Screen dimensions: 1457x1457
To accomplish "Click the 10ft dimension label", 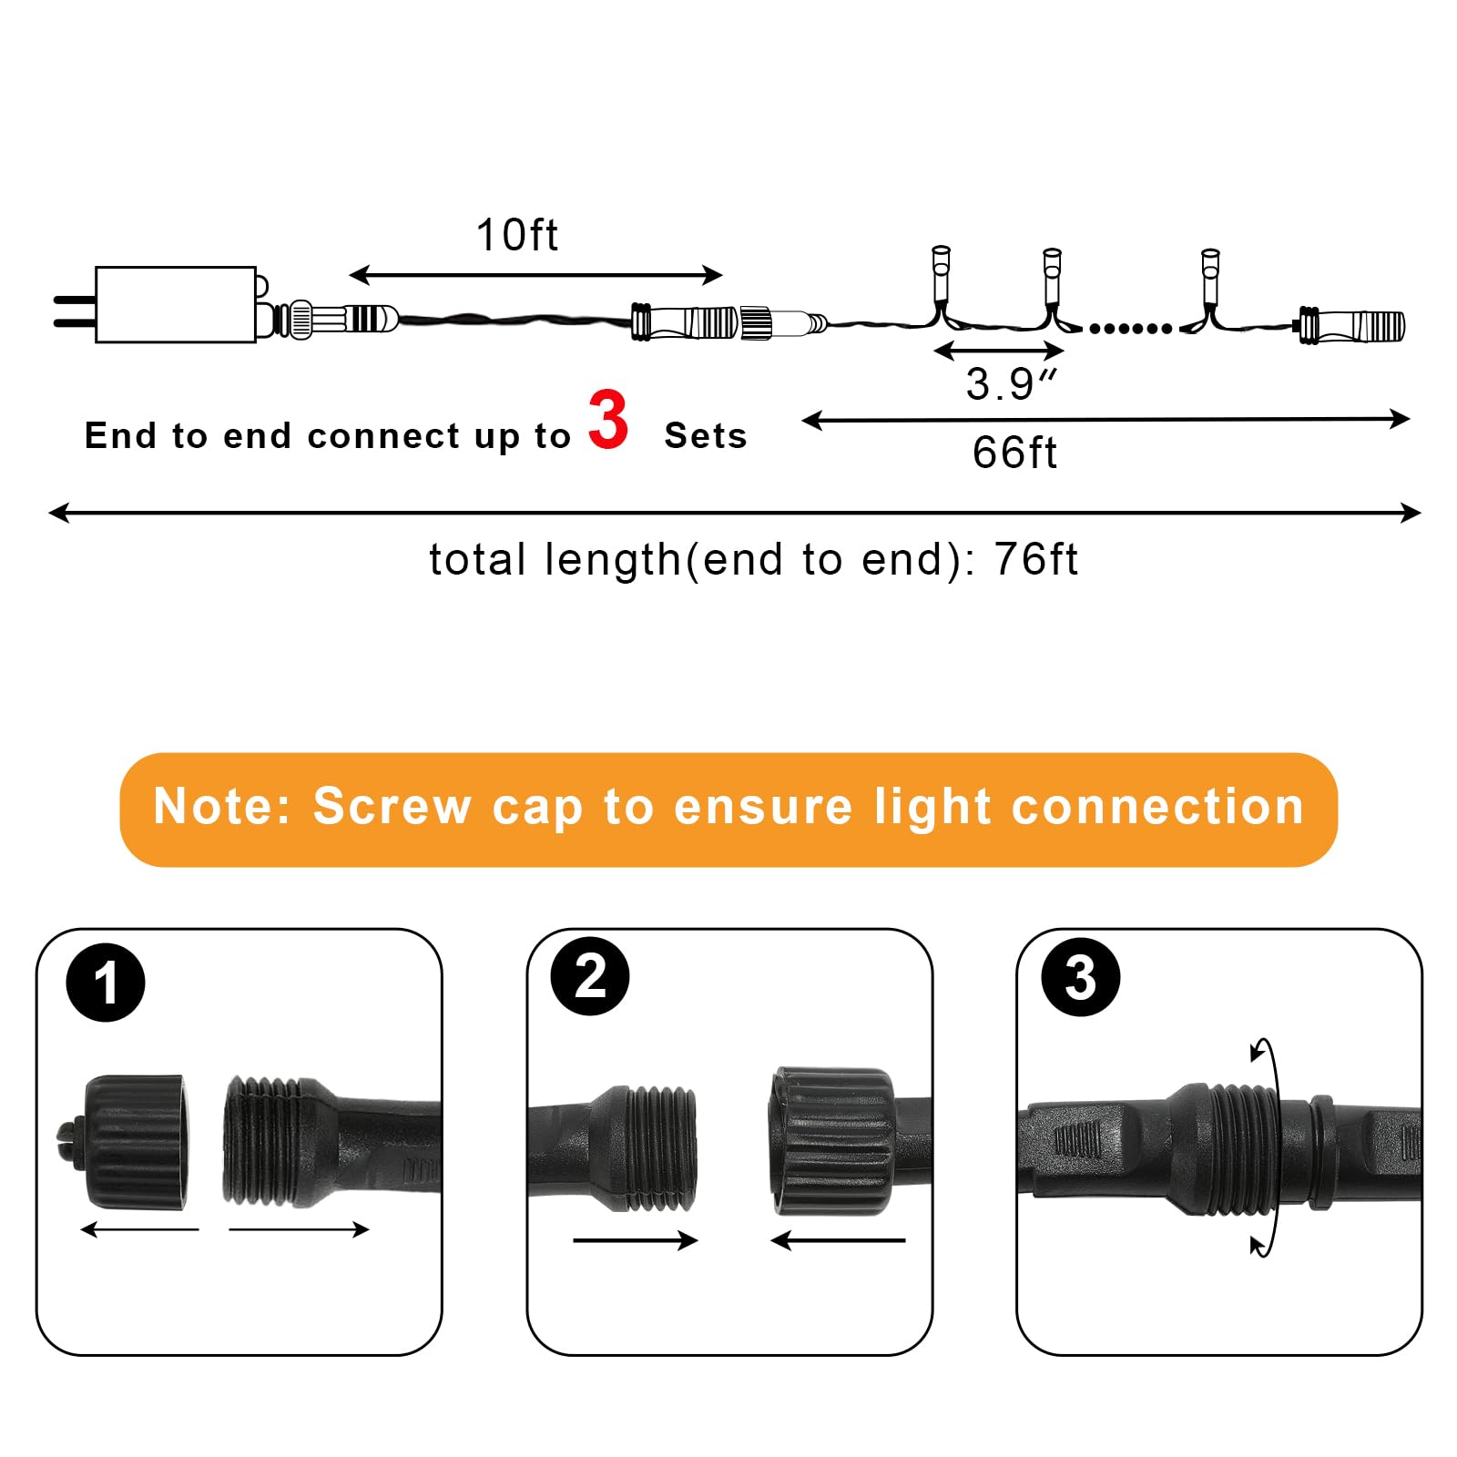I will [516, 235].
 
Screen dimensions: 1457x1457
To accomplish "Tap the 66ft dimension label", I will [1014, 453].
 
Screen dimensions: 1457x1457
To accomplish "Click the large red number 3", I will [608, 420].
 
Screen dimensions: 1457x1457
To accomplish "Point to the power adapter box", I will [175, 304].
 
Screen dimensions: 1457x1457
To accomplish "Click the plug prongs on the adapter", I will [74, 311].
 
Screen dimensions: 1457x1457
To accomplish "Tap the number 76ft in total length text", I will [1035, 559].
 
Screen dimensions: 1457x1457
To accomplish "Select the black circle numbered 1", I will [106, 983].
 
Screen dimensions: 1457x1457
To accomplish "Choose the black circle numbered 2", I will [590, 976].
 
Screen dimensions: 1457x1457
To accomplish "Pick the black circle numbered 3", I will [1080, 978].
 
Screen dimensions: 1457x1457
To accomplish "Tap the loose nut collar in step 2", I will [830, 1141].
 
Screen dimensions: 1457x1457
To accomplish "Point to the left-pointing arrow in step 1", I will [138, 1230].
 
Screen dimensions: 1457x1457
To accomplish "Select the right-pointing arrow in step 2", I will [635, 1239].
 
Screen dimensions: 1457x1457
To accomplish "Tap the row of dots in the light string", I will [1130, 329].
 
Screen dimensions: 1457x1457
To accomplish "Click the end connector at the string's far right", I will [1351, 325].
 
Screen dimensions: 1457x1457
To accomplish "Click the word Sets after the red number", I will [705, 436].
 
